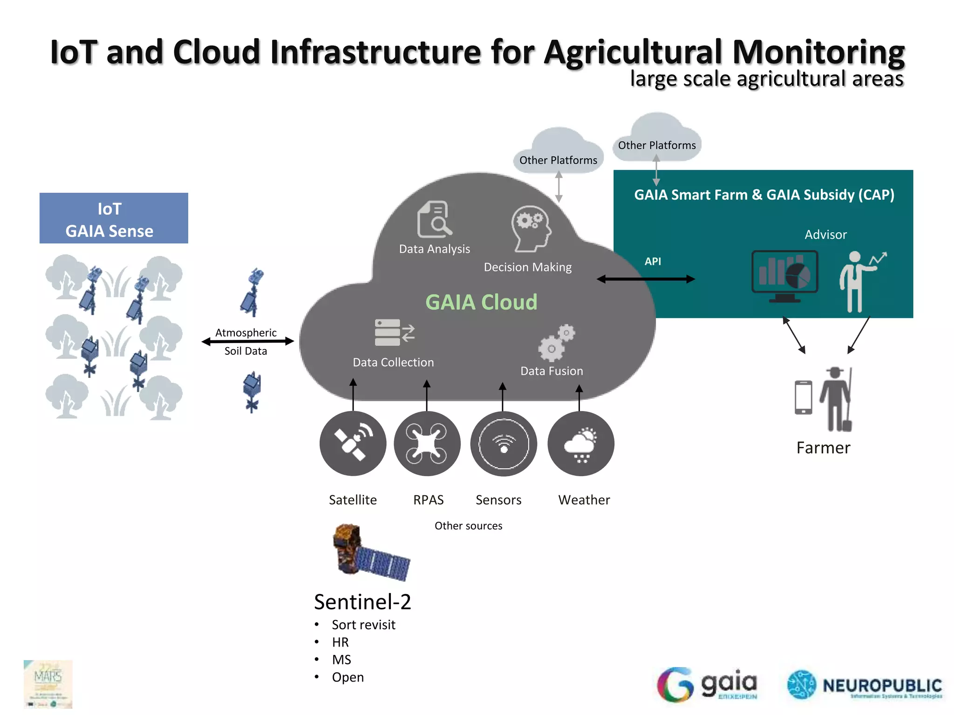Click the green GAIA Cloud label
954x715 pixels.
[x=481, y=302]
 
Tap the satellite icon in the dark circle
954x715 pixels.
[x=353, y=443]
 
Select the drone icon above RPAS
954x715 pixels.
[x=427, y=443]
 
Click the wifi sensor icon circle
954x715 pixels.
[x=504, y=443]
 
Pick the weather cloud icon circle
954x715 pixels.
[x=580, y=443]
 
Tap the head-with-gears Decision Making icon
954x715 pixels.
[x=531, y=229]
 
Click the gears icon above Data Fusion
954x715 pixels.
[x=557, y=343]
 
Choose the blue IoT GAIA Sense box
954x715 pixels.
[x=114, y=218]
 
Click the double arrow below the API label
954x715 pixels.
[x=646, y=279]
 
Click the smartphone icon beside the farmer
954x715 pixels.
[x=803, y=397]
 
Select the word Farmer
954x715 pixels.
[x=823, y=448]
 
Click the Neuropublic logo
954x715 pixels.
[x=865, y=685]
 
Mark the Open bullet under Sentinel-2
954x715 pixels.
[x=348, y=677]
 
